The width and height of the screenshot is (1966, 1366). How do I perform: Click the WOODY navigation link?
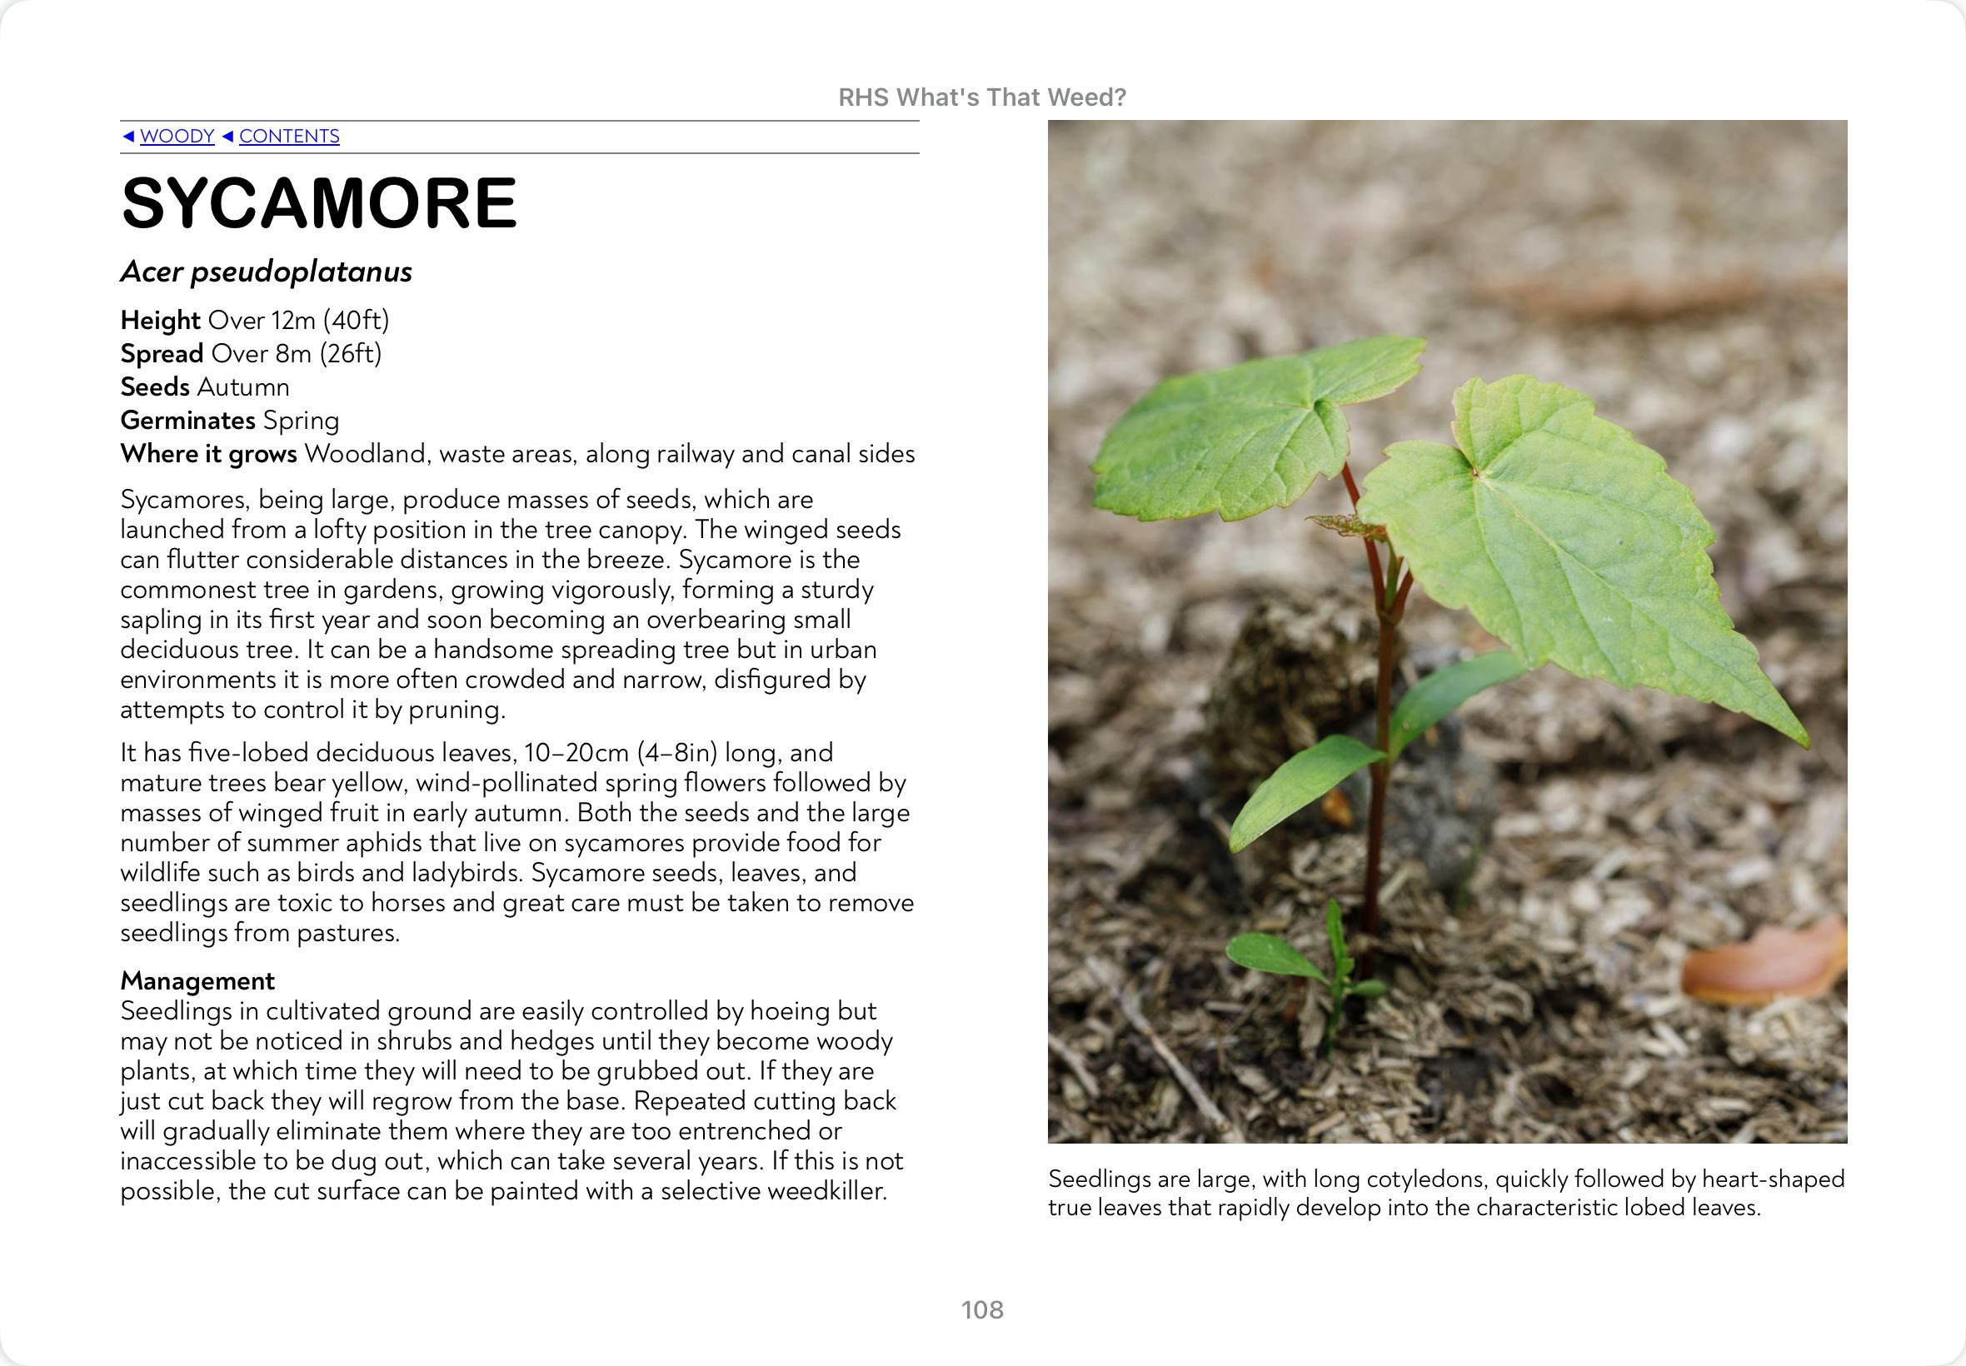[x=177, y=136]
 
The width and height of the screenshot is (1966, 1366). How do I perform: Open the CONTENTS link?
[x=288, y=136]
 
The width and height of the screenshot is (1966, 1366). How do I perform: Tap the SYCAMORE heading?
[x=319, y=204]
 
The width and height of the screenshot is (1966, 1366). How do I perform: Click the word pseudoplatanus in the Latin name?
[x=301, y=272]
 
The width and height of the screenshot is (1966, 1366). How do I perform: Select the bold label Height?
[x=160, y=320]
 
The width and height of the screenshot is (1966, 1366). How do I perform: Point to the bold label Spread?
[x=162, y=353]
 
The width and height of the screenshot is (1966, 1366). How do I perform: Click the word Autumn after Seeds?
[x=243, y=386]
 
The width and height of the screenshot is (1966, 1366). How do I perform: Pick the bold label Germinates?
[x=187, y=421]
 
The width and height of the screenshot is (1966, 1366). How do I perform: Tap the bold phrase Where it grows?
[x=208, y=454]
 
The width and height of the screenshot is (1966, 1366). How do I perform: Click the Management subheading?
[x=197, y=980]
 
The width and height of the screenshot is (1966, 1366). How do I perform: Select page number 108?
[x=981, y=1309]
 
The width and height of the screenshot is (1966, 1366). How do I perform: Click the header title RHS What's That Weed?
[x=981, y=97]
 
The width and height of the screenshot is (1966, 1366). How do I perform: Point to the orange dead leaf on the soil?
[x=1763, y=962]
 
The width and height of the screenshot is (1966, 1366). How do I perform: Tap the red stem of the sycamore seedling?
[x=1378, y=770]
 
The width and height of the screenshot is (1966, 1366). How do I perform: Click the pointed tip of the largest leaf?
[x=1804, y=743]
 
